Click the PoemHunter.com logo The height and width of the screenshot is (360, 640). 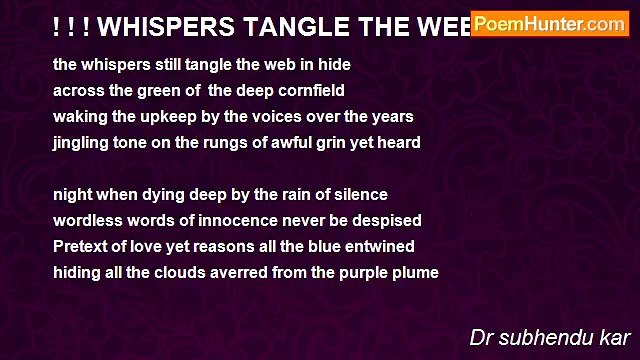(550, 24)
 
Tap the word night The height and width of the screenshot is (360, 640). (73, 194)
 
